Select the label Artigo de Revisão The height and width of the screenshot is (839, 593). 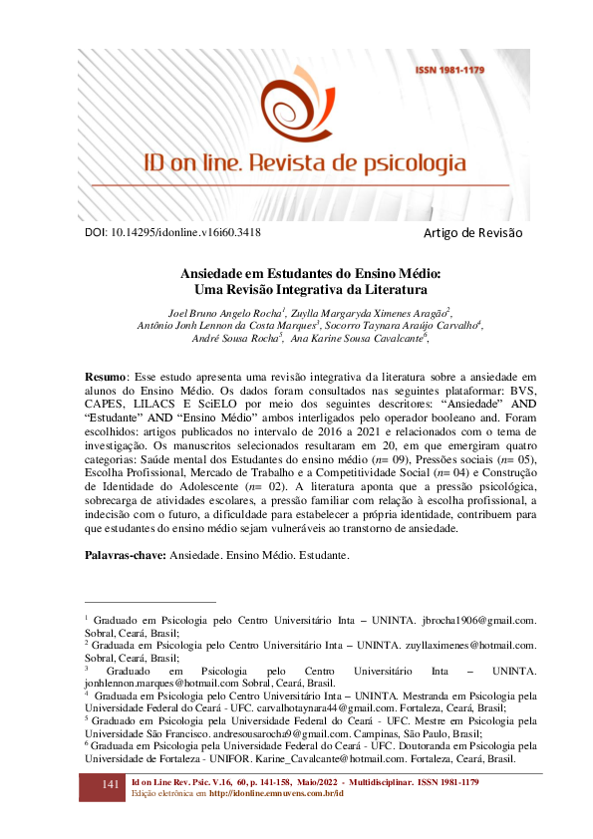click(x=473, y=232)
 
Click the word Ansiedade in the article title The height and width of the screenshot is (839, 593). click(x=216, y=273)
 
